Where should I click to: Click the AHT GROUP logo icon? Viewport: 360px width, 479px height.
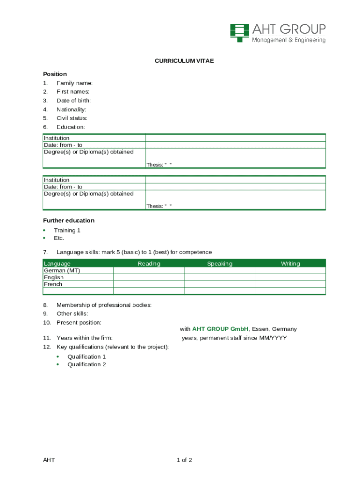click(x=239, y=32)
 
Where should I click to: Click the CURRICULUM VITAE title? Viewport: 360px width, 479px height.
click(x=184, y=61)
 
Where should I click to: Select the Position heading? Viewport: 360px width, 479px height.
click(x=55, y=74)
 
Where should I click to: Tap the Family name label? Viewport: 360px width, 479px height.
click(x=74, y=83)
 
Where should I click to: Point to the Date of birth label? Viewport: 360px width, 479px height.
click(x=73, y=101)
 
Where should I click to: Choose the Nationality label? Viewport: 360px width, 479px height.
click(x=71, y=109)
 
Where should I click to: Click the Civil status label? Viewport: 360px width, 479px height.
click(x=72, y=118)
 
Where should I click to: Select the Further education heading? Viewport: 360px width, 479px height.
click(x=69, y=220)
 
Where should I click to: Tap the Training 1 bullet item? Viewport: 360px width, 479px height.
click(x=67, y=230)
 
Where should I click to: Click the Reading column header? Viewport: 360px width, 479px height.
click(x=149, y=264)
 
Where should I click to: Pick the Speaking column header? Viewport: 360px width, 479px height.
click(x=219, y=264)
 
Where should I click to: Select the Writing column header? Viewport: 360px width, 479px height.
click(x=290, y=264)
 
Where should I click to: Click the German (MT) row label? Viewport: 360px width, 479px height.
click(x=62, y=270)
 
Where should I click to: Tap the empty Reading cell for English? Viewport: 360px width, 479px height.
click(x=149, y=277)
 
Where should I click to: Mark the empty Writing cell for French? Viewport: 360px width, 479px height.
click(x=290, y=284)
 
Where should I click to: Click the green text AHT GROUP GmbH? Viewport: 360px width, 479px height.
click(x=220, y=329)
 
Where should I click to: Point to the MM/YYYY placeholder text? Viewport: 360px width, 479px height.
click(x=273, y=338)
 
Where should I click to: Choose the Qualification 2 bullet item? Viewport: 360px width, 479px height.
click(x=86, y=364)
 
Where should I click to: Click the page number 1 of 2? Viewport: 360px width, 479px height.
click(x=184, y=460)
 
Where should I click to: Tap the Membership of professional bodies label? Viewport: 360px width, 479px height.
click(x=104, y=305)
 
